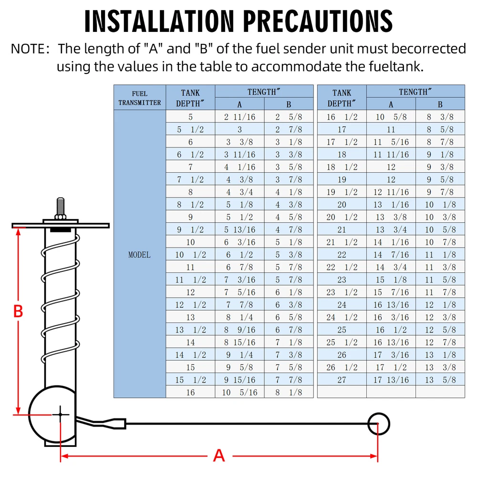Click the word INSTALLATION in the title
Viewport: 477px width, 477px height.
pyautogui.click(x=159, y=21)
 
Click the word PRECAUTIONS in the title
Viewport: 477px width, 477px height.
pyautogui.click(x=318, y=21)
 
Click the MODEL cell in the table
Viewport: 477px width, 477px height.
pyautogui.click(x=139, y=255)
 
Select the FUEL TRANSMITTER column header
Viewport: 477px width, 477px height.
pyautogui.click(x=140, y=98)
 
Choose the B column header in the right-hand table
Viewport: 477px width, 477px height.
pyautogui.click(x=440, y=104)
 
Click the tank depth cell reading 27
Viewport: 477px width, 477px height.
pyautogui.click(x=342, y=380)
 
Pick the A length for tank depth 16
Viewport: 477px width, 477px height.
pyautogui.click(x=239, y=392)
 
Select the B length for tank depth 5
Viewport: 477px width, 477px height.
pyautogui.click(x=289, y=117)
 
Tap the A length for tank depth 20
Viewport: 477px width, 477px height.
pyautogui.click(x=391, y=205)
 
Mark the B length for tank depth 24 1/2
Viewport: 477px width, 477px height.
pyautogui.click(x=440, y=317)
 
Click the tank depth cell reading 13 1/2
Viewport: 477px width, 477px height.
pyautogui.click(x=190, y=330)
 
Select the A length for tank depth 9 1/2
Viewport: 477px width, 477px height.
pyautogui.click(x=239, y=229)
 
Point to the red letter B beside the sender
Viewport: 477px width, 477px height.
pyautogui.click(x=18, y=311)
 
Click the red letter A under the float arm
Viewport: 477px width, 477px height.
pyautogui.click(x=219, y=456)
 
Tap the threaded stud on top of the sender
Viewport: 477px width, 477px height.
pyautogui.click(x=60, y=207)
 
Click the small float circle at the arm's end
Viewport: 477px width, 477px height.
pyautogui.click(x=378, y=424)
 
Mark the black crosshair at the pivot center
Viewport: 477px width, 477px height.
pyautogui.click(x=60, y=415)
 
